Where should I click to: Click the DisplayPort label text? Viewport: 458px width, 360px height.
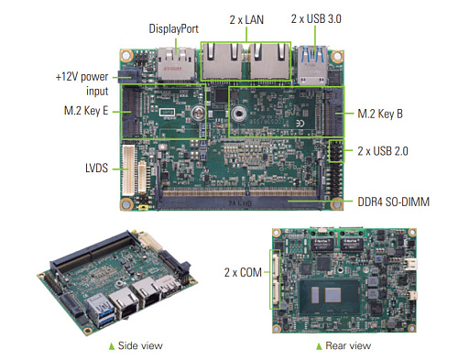coord(173,28)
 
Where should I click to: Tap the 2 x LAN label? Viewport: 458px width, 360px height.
coord(246,20)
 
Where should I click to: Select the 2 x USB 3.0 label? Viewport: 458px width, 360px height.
coord(316,19)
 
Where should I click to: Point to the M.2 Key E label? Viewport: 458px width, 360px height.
coord(86,111)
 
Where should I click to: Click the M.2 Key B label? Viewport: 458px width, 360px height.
coord(380,114)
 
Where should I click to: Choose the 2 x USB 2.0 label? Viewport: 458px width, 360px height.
coord(383,151)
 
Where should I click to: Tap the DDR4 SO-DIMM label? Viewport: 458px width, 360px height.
coord(393,202)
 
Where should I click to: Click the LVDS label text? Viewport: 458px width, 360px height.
coord(96,169)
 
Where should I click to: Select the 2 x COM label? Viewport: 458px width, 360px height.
coord(243,272)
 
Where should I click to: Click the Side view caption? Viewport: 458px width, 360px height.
coord(140,345)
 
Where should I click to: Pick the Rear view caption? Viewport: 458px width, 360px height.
coord(348,345)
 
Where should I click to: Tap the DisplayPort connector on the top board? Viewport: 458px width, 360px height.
coord(176,64)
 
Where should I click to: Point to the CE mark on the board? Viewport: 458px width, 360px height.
coord(300,124)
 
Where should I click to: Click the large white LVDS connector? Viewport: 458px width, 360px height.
coord(128,170)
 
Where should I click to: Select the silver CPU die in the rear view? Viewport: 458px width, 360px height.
coord(333,295)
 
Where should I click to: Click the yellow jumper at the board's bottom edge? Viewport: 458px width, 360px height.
coord(143,208)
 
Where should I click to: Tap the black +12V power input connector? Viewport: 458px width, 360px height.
coord(129,76)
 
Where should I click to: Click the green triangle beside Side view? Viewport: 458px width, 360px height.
coord(112,346)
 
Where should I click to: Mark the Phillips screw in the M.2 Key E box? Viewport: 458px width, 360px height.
coord(198,114)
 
